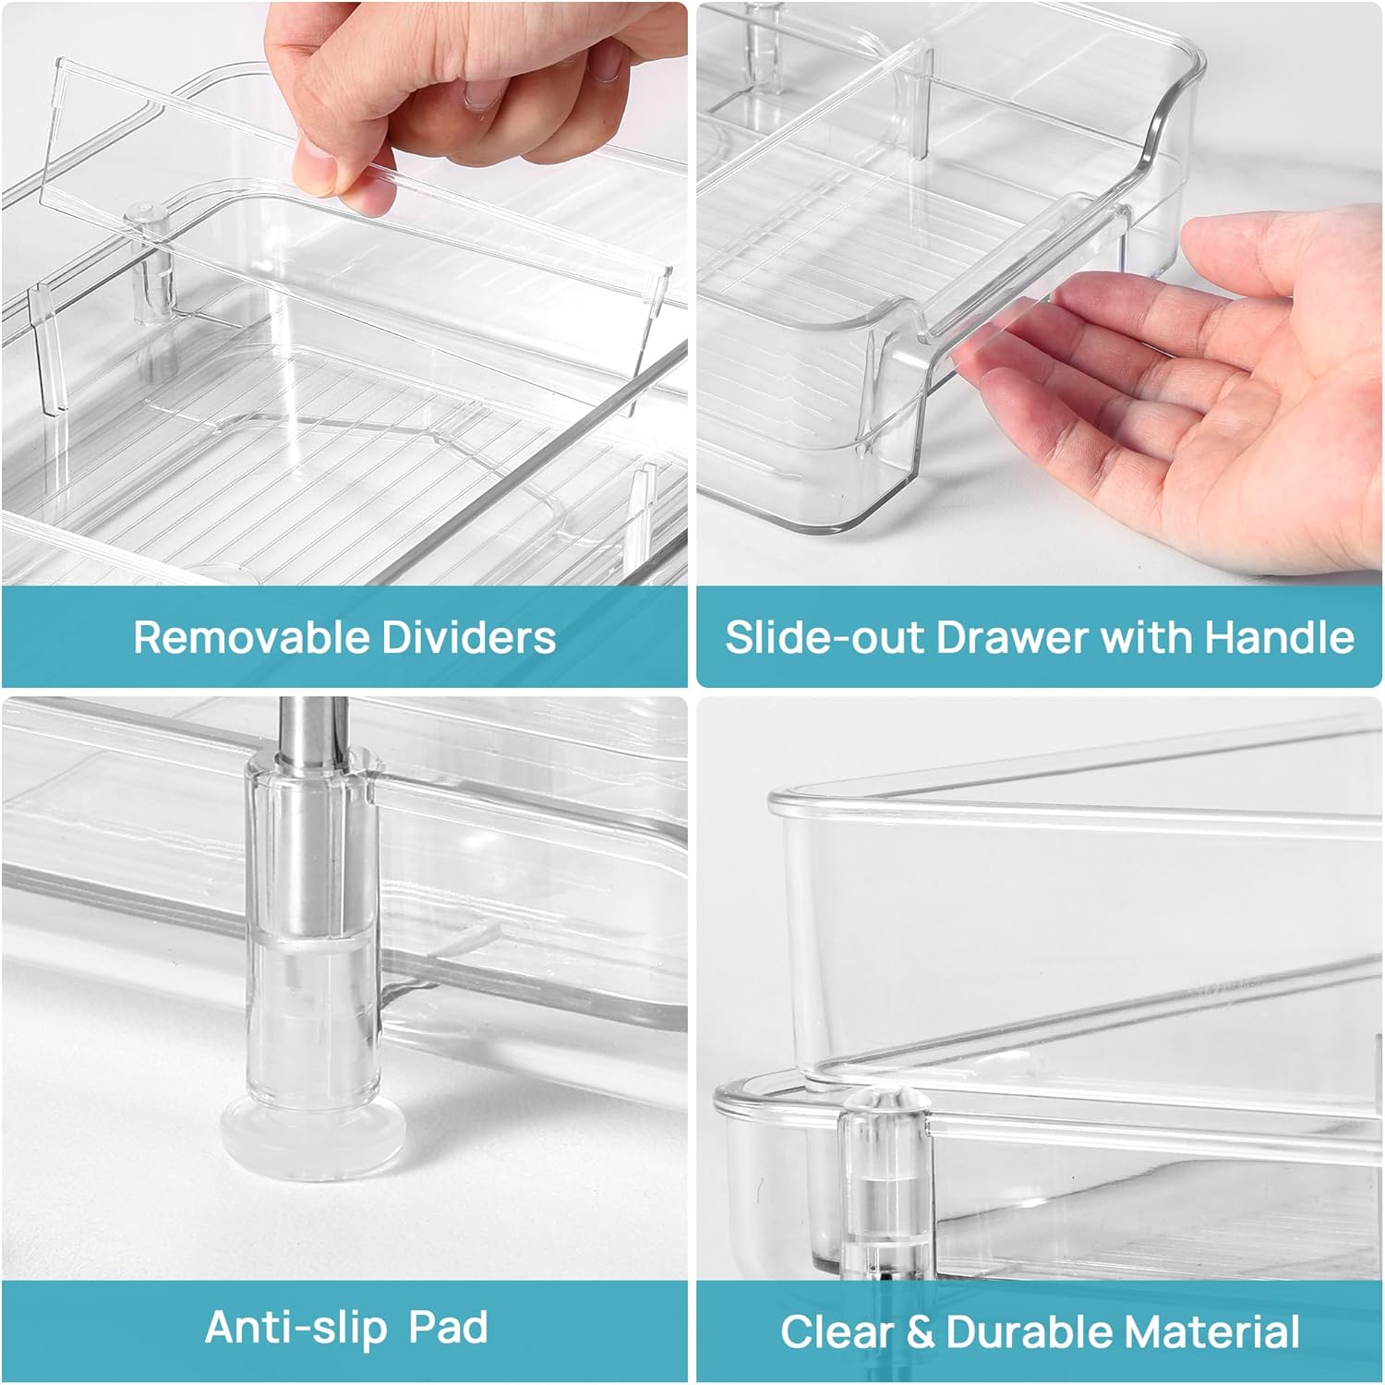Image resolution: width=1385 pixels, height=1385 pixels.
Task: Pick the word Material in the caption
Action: (x=1212, y=1332)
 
